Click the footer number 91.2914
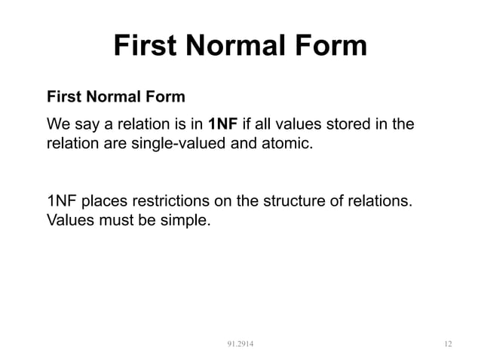240,344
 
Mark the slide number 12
448,344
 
